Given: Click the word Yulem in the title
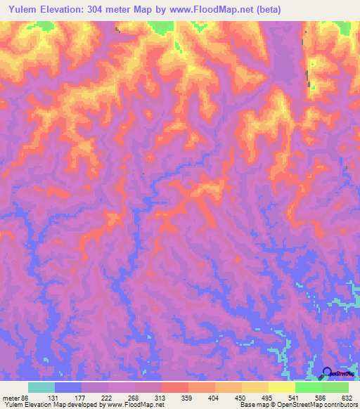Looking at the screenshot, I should coord(21,10).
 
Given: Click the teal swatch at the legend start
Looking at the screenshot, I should coord(41,387).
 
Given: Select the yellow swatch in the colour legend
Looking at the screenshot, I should coord(281,387).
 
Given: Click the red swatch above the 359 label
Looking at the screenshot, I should coord(174,387).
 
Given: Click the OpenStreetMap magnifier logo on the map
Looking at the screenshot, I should coord(327,372).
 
